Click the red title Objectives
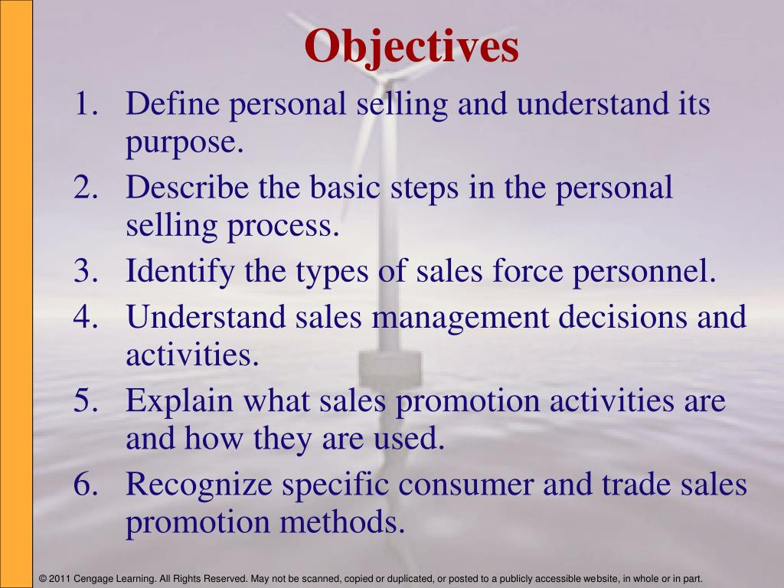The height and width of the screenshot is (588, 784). (411, 47)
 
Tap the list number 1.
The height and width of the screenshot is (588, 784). (86, 103)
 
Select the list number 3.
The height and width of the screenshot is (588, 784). (86, 270)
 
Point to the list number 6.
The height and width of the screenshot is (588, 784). (86, 484)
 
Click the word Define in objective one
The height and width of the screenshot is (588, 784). (172, 103)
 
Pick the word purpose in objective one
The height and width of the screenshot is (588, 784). (185, 143)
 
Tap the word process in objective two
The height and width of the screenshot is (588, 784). (283, 227)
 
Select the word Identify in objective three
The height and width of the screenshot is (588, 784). (180, 272)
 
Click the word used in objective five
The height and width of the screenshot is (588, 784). (410, 439)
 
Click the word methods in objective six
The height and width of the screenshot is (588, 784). (342, 522)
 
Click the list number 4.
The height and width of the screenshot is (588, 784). (86, 317)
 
